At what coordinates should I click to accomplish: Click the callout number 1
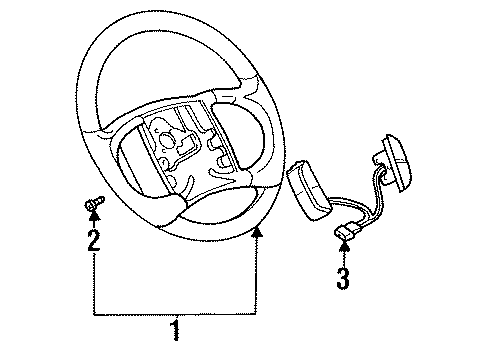coord(175,329)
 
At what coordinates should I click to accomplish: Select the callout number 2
coord(93,240)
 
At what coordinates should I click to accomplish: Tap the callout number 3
coord(343,277)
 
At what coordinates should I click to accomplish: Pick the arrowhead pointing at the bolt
coord(93,221)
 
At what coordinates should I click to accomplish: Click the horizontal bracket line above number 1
coord(175,312)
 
